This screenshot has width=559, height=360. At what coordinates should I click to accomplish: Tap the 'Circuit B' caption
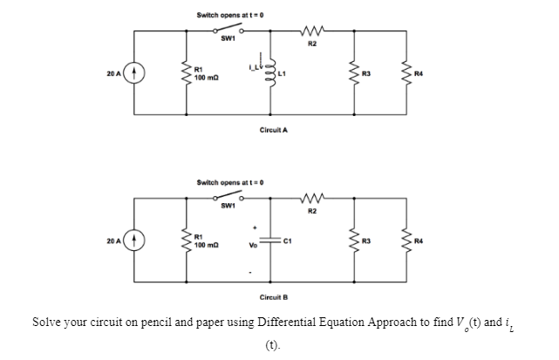[x=274, y=296]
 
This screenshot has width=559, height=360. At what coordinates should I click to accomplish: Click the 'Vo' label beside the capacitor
[x=251, y=245]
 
